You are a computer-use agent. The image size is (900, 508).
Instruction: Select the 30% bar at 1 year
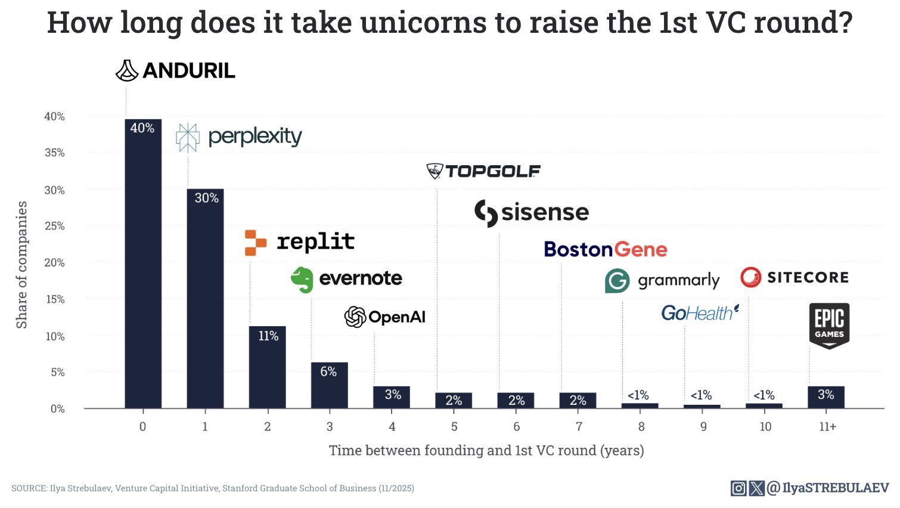(x=205, y=298)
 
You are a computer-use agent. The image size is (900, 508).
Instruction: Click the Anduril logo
(x=175, y=70)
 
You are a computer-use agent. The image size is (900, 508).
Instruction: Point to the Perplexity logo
(x=239, y=137)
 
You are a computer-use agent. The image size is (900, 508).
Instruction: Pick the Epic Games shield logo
(x=829, y=326)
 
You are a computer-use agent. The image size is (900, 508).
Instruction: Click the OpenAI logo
(x=385, y=317)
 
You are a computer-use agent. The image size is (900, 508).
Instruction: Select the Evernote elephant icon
(x=302, y=279)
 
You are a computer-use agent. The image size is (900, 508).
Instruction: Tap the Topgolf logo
(x=483, y=171)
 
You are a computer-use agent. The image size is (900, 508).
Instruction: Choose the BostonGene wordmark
(x=605, y=249)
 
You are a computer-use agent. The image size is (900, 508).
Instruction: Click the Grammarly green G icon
(x=617, y=280)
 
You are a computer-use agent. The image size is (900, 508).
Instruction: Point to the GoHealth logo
(x=700, y=312)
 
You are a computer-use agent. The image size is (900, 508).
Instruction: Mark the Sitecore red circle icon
(x=750, y=277)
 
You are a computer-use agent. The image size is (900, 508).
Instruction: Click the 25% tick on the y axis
(x=55, y=226)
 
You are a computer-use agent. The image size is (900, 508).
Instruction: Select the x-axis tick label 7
(x=579, y=427)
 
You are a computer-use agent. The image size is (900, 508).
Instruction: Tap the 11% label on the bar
(x=268, y=336)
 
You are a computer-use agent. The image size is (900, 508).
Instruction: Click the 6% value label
(x=328, y=371)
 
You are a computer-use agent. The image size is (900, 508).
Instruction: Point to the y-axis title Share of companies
(x=22, y=265)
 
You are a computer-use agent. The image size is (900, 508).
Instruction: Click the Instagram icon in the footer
(x=738, y=488)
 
